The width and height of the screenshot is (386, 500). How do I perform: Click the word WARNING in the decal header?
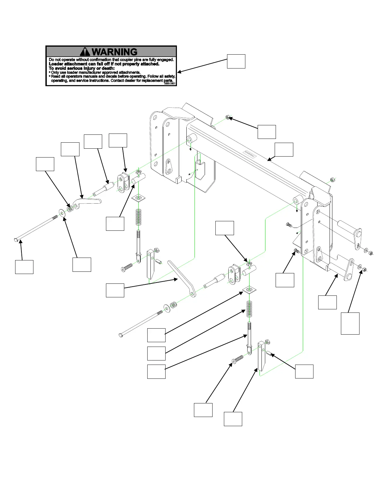[x=115, y=51]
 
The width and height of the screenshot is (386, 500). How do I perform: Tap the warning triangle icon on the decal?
[x=85, y=52]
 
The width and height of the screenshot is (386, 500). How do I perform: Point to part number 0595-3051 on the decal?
[x=170, y=84]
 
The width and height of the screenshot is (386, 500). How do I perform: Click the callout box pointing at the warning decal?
[x=236, y=61]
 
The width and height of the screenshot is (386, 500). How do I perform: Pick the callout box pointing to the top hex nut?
[x=266, y=132]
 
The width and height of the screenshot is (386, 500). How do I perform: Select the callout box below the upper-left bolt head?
[x=24, y=267]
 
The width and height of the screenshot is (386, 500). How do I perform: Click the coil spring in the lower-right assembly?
[x=250, y=309]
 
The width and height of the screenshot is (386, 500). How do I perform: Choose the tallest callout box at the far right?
[x=350, y=323]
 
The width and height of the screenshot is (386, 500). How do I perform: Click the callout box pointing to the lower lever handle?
[x=115, y=290]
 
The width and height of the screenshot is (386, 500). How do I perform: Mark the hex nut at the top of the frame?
[x=227, y=118]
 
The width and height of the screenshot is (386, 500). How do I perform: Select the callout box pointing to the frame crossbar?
[x=284, y=150]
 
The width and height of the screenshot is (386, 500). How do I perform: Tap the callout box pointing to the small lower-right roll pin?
[x=304, y=371]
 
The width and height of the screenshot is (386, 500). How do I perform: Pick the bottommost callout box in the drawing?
[x=233, y=419]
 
